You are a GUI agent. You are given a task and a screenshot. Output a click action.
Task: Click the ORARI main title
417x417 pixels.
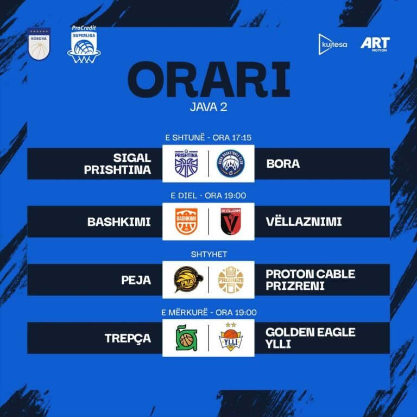[x=208, y=81]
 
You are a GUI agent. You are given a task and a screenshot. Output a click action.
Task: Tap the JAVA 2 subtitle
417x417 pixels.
[x=208, y=106]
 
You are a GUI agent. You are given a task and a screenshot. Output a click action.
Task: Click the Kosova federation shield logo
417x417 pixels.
[x=39, y=44]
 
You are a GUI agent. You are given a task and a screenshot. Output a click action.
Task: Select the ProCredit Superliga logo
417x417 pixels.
[x=84, y=45]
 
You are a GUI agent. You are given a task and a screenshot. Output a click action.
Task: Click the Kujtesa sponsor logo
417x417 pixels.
[x=333, y=44]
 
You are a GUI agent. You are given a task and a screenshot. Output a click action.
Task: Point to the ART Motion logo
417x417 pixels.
[x=375, y=44]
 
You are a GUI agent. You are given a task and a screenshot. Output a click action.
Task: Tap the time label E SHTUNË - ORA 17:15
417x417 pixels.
[x=208, y=138]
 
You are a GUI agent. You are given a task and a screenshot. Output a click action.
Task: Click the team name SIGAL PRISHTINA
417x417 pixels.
[x=117, y=163]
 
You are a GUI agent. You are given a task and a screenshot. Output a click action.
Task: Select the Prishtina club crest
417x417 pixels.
[x=186, y=163]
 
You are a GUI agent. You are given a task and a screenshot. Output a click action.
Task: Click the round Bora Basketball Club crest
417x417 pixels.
[x=231, y=163]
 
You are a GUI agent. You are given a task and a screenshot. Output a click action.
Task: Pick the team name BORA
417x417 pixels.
[x=283, y=163]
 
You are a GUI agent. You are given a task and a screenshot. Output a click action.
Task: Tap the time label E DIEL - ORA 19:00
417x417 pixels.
[x=208, y=195]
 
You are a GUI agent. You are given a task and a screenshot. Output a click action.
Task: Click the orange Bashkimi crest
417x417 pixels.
[x=186, y=222]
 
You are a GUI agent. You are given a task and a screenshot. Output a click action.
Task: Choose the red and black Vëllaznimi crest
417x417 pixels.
[x=231, y=222]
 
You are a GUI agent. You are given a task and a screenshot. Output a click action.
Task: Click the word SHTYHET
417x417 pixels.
[x=208, y=254]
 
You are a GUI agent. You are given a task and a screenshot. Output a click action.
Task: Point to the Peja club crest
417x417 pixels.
[x=186, y=280]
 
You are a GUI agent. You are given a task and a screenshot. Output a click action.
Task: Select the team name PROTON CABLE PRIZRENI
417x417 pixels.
[x=310, y=280]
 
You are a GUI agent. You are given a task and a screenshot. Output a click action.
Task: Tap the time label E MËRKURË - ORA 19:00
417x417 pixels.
[x=208, y=312]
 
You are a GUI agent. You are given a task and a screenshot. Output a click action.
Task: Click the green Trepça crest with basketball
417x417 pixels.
[x=186, y=338]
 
